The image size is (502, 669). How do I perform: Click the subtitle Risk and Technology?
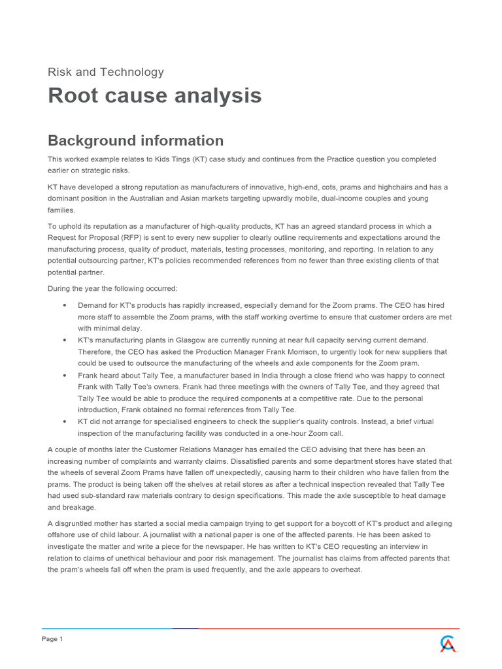[x=106, y=72]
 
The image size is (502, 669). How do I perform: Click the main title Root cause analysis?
[x=155, y=95]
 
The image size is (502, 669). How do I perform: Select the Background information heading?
[x=136, y=140]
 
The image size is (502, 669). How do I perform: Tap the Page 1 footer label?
[x=52, y=639]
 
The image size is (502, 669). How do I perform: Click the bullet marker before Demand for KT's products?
[x=64, y=305]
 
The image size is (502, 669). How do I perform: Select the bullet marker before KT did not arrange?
[x=64, y=423]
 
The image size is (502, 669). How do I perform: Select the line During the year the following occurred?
[x=112, y=287]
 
